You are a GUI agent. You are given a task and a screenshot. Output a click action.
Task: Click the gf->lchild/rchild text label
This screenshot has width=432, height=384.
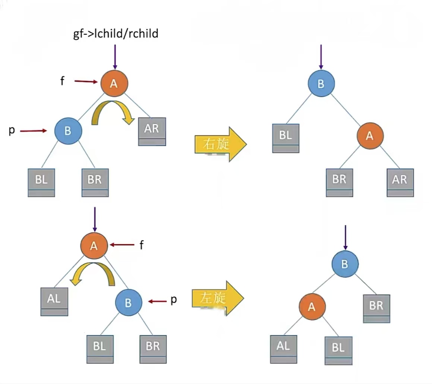click(115, 34)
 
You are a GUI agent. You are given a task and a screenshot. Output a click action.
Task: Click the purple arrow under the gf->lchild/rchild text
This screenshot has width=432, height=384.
click(115, 56)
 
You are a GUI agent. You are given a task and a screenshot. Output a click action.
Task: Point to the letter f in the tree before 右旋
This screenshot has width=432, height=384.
click(62, 81)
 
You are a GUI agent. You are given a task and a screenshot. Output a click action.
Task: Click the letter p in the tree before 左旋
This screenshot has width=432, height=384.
click(173, 300)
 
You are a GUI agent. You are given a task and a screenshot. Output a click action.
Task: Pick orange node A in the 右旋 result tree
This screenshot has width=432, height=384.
click(370, 136)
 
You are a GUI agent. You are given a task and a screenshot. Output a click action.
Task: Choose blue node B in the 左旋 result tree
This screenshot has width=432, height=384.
click(345, 264)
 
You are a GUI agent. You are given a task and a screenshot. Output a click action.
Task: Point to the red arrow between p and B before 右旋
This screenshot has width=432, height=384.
click(34, 131)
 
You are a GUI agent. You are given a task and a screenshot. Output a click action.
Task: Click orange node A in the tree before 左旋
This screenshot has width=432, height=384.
click(94, 245)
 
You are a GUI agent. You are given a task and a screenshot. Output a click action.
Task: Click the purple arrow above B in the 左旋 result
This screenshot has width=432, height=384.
click(346, 237)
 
